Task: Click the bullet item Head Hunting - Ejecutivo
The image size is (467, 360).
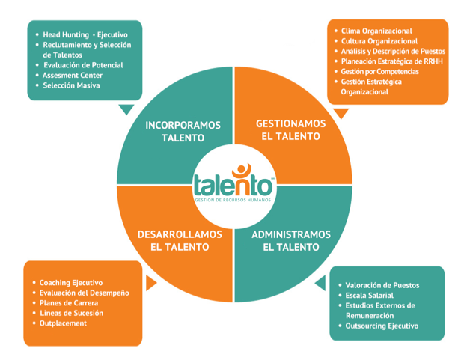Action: [85, 35]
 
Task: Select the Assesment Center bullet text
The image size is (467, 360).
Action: [73, 76]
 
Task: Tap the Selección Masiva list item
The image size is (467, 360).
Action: [72, 85]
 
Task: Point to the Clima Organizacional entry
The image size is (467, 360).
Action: [376, 31]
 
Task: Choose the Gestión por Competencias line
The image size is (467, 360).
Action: [379, 71]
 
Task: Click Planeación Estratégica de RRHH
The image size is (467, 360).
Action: [391, 61]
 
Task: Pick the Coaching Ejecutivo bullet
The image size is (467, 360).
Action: [71, 283]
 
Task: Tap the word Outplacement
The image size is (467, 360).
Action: [63, 323]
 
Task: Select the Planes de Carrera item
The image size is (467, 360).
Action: [69, 303]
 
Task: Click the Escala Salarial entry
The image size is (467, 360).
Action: [369, 296]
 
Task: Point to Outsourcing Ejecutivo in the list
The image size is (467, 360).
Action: [382, 326]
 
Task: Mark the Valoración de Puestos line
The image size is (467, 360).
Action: [382, 285]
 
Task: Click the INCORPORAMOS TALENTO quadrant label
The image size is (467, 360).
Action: [183, 131]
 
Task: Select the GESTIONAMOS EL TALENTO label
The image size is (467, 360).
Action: [290, 129]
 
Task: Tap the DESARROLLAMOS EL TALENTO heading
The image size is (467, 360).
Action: [180, 240]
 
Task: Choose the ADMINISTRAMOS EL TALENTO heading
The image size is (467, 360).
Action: [291, 240]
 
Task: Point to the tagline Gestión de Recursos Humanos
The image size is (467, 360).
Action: [233, 200]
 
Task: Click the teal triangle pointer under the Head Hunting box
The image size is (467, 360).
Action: [126, 109]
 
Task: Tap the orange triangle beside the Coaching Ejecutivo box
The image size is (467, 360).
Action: [150, 283]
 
